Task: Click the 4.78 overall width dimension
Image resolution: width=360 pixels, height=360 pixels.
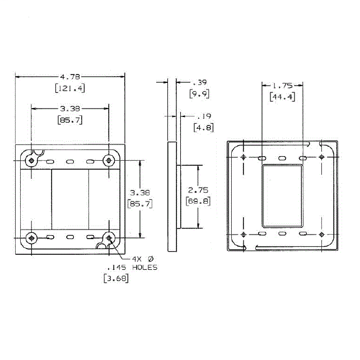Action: point(70,77)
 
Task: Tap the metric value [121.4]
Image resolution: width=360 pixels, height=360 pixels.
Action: point(70,88)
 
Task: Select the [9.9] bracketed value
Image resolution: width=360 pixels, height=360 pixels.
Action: point(199,93)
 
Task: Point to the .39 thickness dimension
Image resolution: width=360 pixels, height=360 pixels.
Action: point(200,82)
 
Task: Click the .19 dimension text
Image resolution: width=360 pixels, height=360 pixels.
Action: point(204,116)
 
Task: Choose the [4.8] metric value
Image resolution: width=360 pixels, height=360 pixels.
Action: point(204,128)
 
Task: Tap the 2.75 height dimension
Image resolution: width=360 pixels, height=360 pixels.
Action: point(198,190)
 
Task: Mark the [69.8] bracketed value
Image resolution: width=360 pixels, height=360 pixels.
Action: point(198,202)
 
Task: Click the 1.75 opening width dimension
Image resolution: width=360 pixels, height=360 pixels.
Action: point(282,86)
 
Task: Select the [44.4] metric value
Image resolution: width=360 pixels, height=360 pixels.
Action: point(282,97)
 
